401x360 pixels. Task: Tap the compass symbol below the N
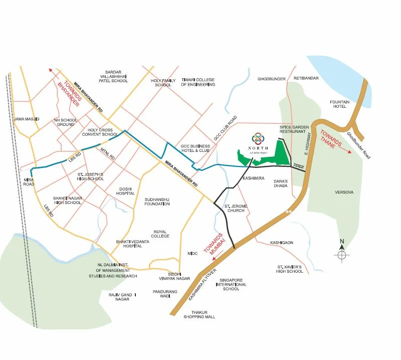(x=342, y=255)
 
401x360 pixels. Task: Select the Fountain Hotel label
(x=339, y=104)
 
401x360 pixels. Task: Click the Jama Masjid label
(x=27, y=119)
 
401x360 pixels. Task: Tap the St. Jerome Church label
(x=234, y=208)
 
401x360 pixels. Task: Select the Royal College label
(x=161, y=234)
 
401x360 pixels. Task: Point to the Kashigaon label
(x=281, y=243)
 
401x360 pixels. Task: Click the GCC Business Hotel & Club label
(x=195, y=148)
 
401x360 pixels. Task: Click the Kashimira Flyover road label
(x=202, y=286)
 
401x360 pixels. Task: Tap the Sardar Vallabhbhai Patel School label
(x=113, y=76)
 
